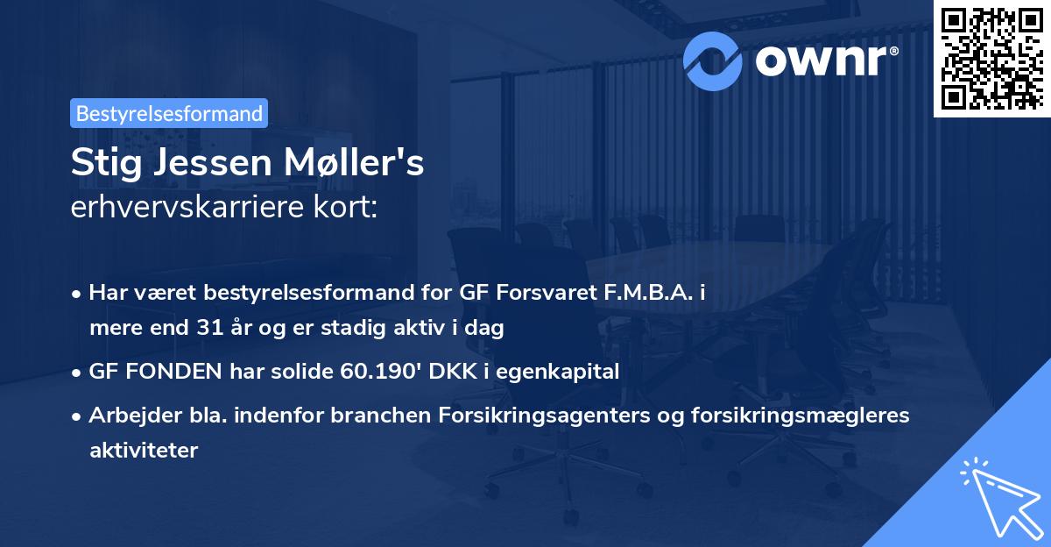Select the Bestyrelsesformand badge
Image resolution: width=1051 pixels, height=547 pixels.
[x=169, y=113]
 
